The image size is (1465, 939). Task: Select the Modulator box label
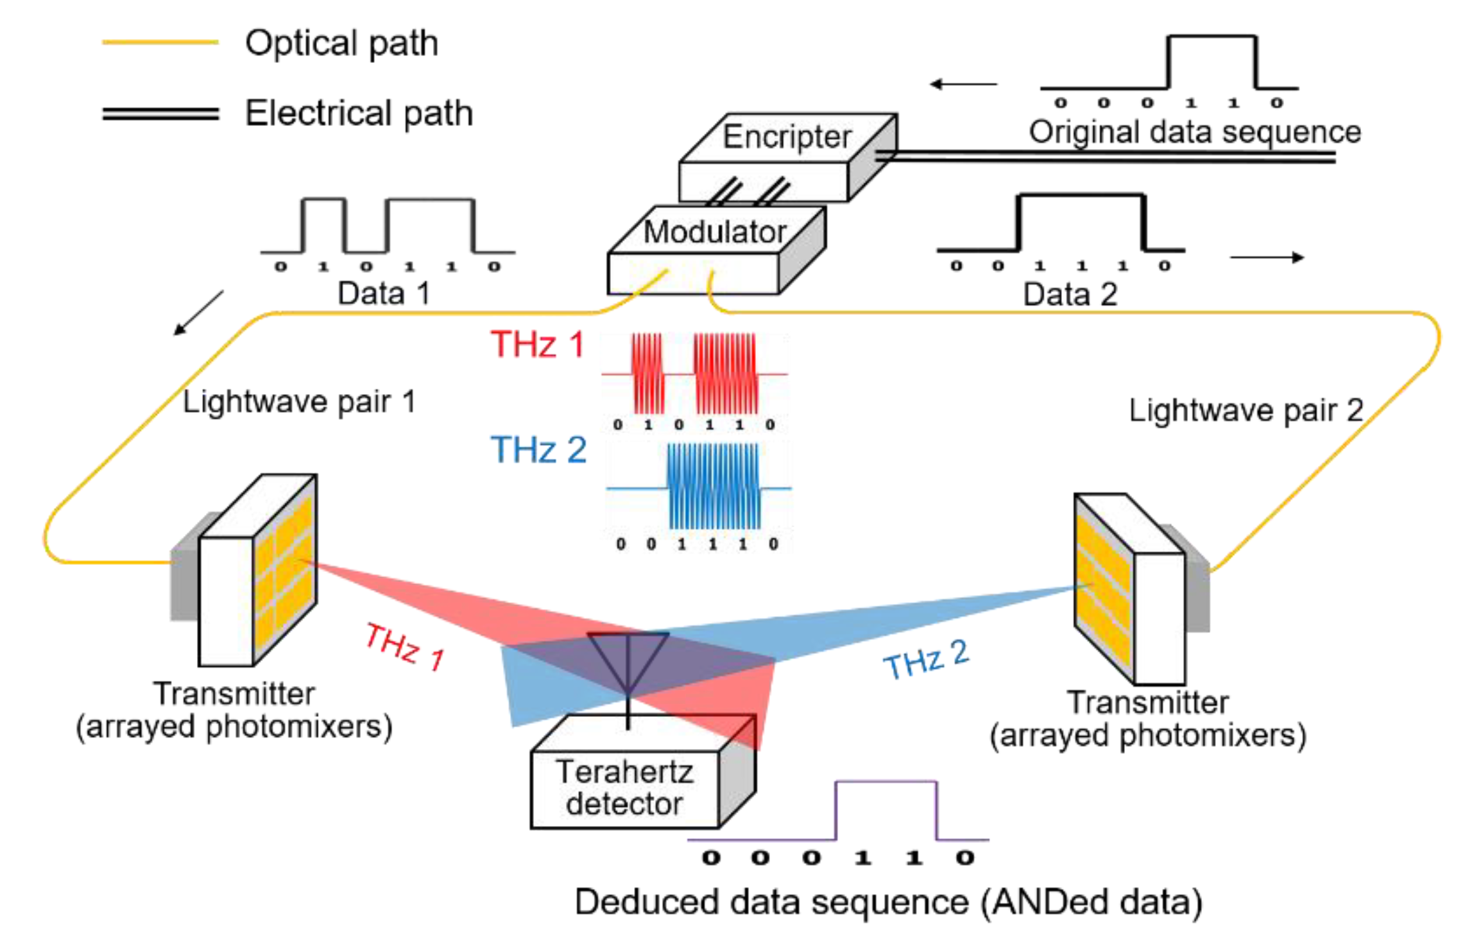[x=714, y=232]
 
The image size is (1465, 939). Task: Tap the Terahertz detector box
[x=624, y=788]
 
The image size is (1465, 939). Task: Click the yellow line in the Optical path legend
[x=160, y=42]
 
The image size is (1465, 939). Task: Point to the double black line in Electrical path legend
[x=160, y=114]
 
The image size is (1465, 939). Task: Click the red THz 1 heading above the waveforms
[x=537, y=344]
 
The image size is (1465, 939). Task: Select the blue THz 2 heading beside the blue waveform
[x=538, y=449]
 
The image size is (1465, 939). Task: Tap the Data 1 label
[x=383, y=293]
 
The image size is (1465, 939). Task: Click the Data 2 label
[x=1070, y=294]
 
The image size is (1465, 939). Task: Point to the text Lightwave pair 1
[x=299, y=402]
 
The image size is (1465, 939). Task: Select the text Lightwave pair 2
[x=1246, y=411]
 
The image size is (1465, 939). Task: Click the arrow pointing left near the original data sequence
[x=963, y=84]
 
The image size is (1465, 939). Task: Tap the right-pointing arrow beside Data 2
[x=1266, y=257]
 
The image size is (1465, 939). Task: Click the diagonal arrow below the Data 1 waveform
[x=198, y=313]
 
